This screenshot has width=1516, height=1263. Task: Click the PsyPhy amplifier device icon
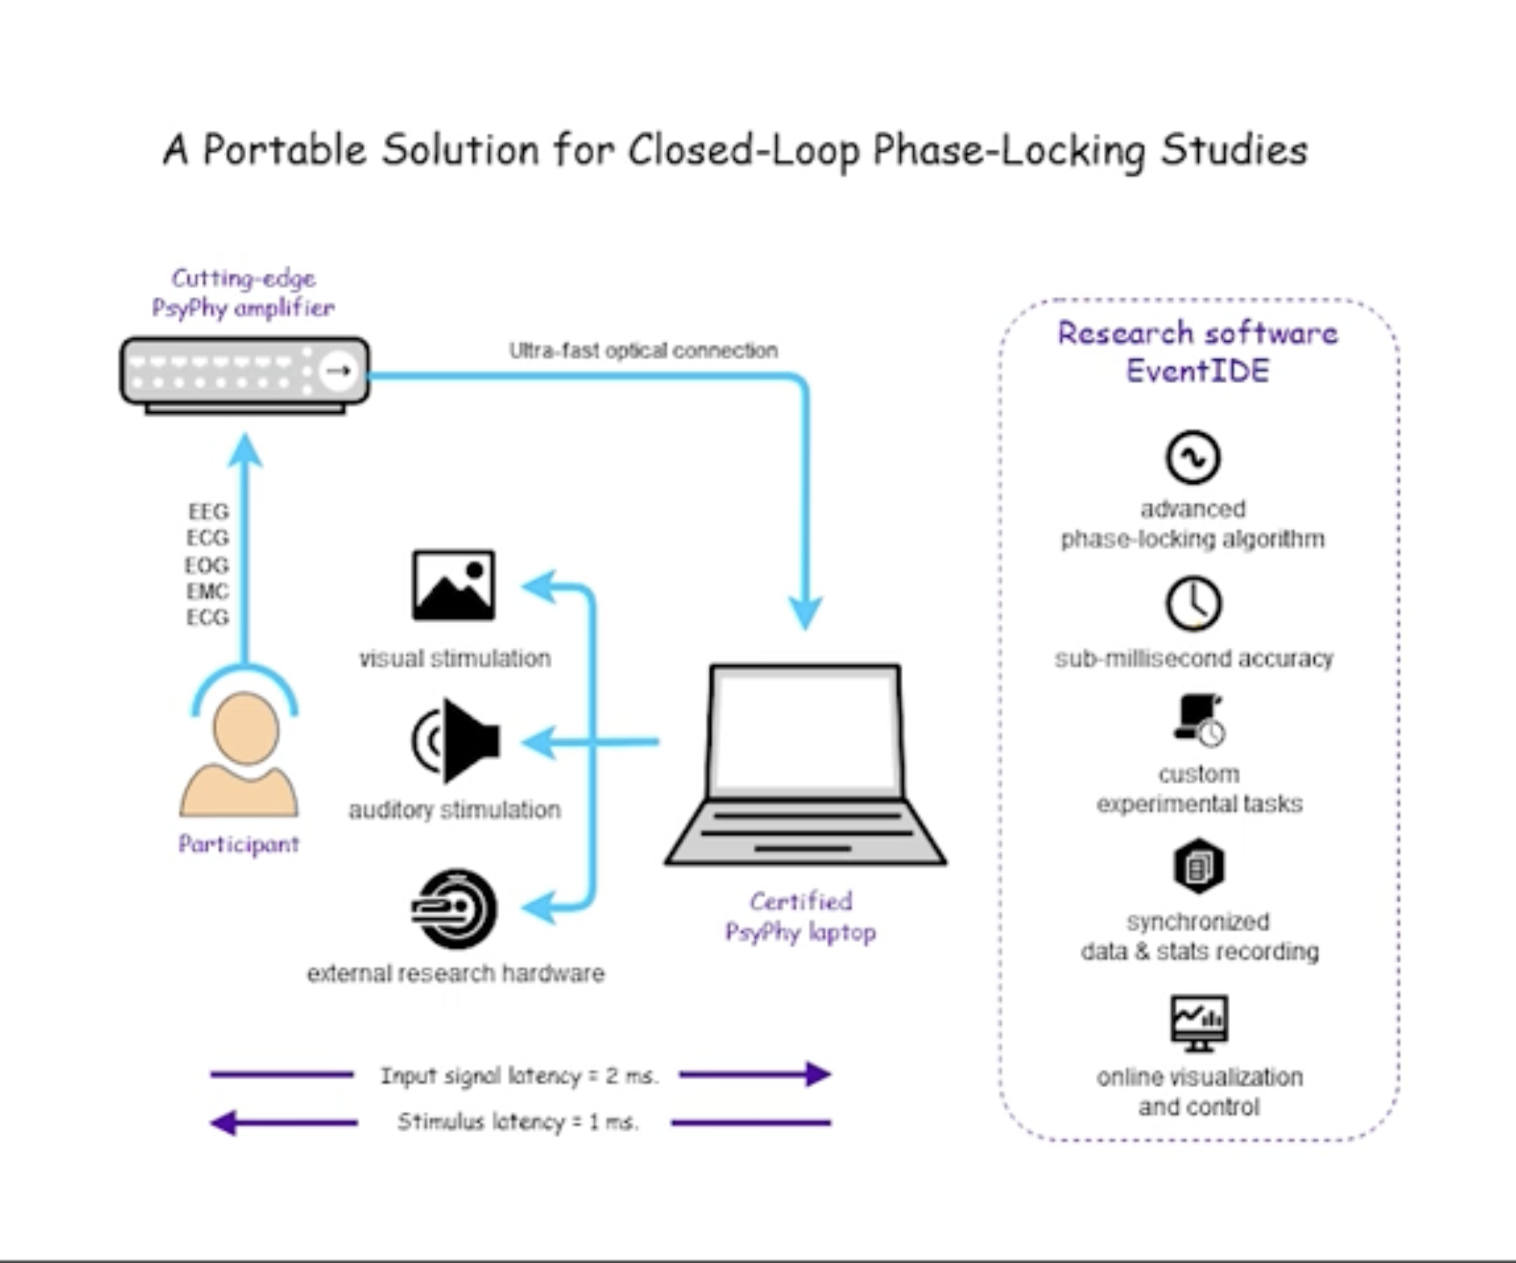coord(244,373)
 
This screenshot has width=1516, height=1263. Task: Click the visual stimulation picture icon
coord(454,585)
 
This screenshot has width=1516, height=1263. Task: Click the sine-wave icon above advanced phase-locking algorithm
coord(1193,457)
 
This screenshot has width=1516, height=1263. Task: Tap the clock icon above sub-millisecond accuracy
coord(1193,603)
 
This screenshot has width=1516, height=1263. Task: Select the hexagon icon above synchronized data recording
coord(1198,866)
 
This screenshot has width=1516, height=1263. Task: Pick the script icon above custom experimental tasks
coord(1198,720)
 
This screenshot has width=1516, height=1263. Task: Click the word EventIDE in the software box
coord(1197,371)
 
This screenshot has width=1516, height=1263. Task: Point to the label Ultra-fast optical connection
coord(643,351)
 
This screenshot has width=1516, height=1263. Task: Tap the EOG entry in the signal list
coord(207,565)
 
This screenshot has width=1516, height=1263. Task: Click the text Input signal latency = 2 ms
coord(519,1075)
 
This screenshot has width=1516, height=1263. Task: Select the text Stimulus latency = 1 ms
coord(518,1122)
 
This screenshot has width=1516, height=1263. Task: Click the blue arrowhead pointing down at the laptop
coord(805,614)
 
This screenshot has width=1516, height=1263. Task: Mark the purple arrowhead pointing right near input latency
coord(817,1074)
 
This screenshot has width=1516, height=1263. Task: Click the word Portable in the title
coord(285,150)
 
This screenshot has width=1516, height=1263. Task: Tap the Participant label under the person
coord(239,843)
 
